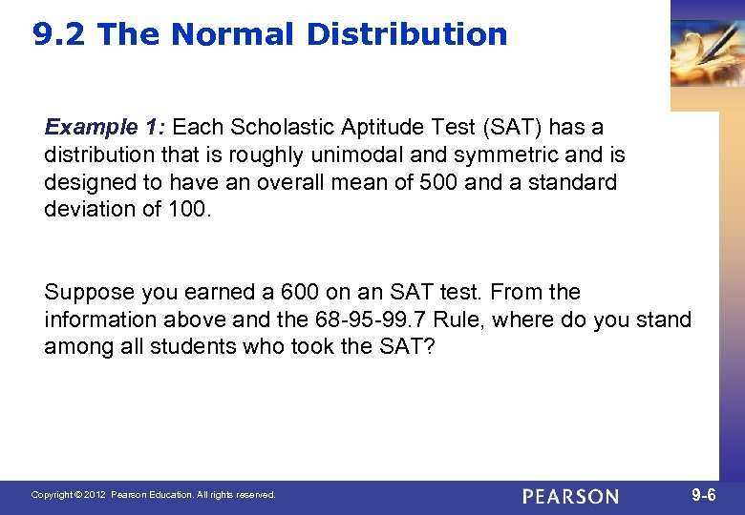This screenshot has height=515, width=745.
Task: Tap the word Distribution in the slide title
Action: [x=407, y=35]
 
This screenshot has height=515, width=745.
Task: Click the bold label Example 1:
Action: [x=105, y=127]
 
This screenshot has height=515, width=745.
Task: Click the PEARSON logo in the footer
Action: [x=570, y=496]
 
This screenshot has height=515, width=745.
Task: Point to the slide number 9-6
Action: [x=703, y=495]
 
